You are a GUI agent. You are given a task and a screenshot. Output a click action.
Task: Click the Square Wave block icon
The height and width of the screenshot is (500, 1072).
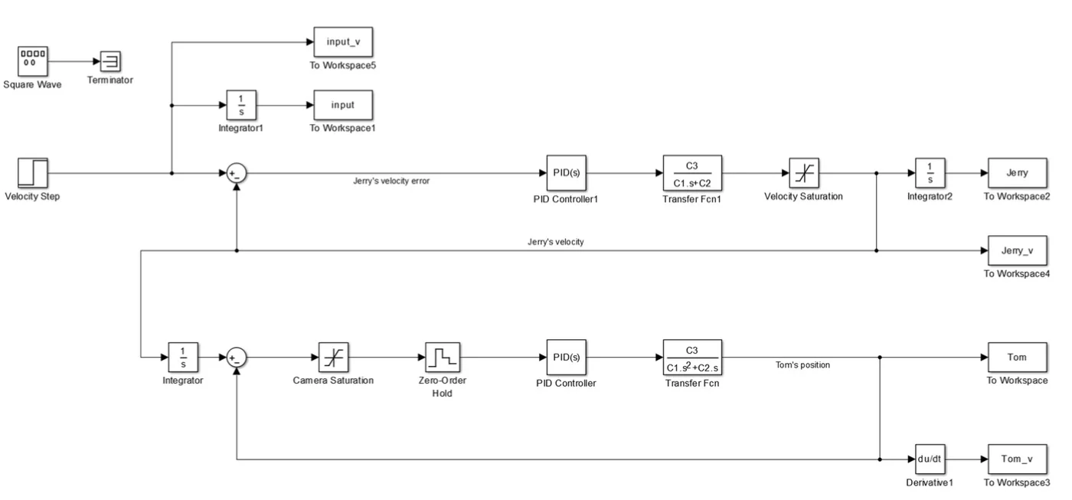pyautogui.click(x=34, y=60)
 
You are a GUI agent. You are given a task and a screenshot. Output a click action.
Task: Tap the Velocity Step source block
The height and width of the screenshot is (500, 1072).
pyautogui.click(x=32, y=173)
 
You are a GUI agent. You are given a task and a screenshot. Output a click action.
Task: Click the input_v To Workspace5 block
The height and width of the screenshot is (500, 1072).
pyautogui.click(x=344, y=41)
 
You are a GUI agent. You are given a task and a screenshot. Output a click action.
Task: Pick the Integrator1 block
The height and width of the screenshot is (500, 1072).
pyautogui.click(x=240, y=105)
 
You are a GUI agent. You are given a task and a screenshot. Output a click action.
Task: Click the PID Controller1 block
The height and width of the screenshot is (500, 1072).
pyautogui.click(x=566, y=173)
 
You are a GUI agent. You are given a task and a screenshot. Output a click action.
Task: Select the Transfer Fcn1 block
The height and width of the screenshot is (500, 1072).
pyautogui.click(x=692, y=173)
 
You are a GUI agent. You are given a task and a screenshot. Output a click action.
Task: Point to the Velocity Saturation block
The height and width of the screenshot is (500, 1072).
pyautogui.click(x=803, y=173)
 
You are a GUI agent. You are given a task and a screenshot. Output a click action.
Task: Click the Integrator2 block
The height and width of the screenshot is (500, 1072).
pyautogui.click(x=930, y=173)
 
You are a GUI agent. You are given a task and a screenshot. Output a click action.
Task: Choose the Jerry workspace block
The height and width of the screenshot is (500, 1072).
pyautogui.click(x=1017, y=173)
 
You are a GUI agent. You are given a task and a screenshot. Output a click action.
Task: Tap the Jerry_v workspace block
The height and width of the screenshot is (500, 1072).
pyautogui.click(x=1017, y=250)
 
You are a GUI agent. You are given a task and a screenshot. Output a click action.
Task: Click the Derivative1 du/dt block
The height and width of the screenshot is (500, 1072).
pyautogui.click(x=930, y=459)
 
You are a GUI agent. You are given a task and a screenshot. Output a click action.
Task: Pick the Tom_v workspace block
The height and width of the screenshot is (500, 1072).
pyautogui.click(x=1017, y=459)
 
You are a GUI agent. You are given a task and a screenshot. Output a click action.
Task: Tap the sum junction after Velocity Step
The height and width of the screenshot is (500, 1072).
pyautogui.click(x=237, y=174)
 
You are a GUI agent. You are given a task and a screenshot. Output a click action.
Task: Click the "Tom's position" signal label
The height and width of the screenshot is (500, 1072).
pyautogui.click(x=802, y=364)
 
